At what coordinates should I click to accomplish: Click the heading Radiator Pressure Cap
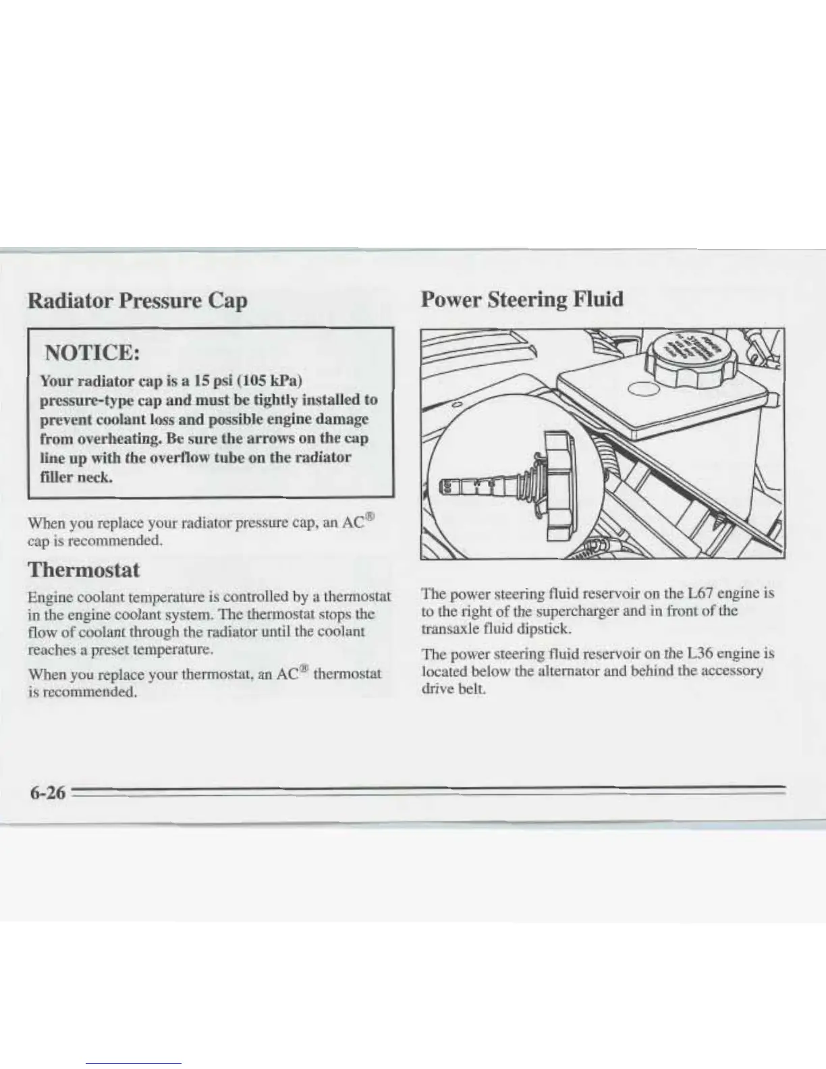(137, 300)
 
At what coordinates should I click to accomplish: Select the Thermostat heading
(83, 570)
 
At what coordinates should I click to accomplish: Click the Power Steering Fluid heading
(521, 299)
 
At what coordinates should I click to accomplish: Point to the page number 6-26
(47, 793)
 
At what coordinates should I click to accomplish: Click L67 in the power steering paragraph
(698, 595)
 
